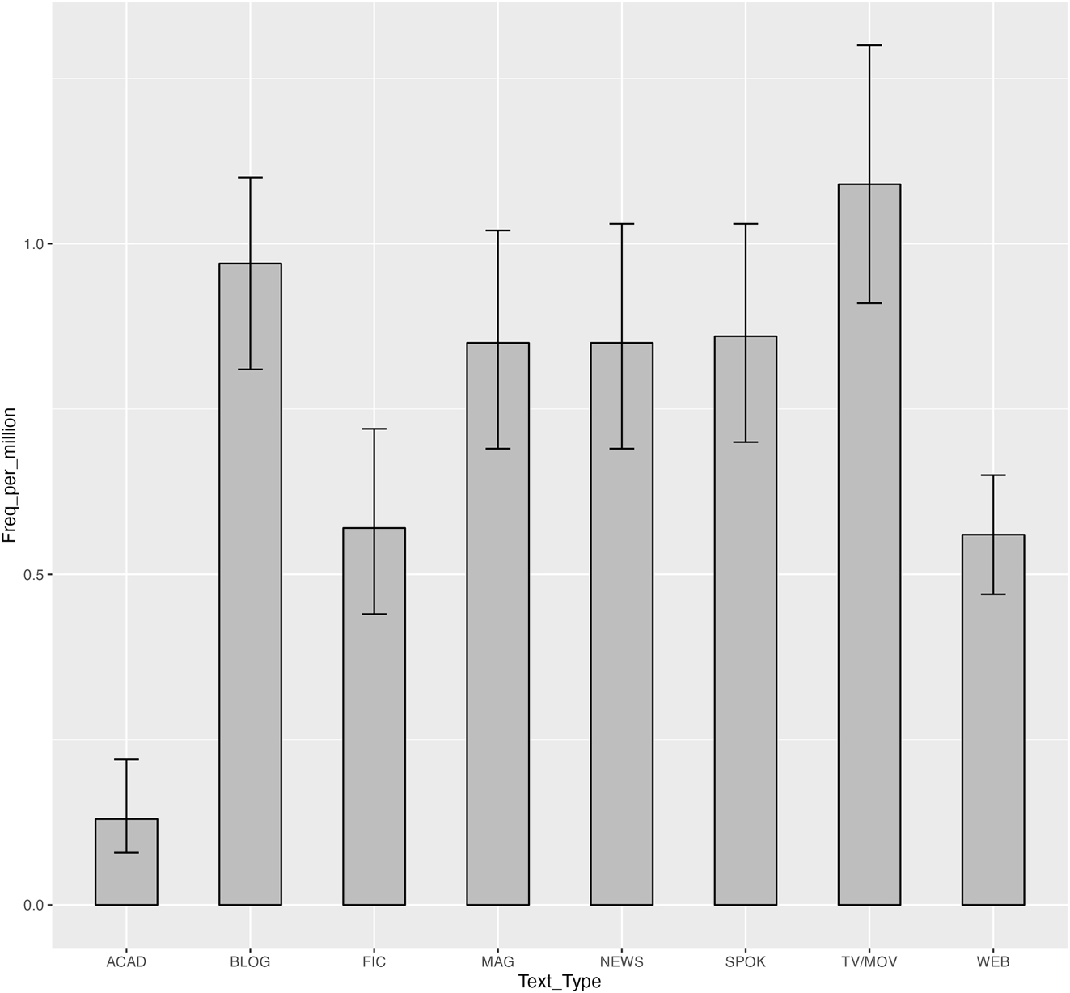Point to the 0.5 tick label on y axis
point(33,575)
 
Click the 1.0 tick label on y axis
point(33,244)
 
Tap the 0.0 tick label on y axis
point(33,905)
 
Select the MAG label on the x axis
point(497,961)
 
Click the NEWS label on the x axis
point(621,961)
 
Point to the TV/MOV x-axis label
point(869,961)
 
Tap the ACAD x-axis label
point(126,961)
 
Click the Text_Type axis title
point(559,982)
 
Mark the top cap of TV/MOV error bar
point(869,45)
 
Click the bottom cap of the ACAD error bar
point(126,853)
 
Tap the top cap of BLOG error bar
point(250,177)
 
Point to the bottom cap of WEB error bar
point(992,594)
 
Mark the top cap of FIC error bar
point(374,429)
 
